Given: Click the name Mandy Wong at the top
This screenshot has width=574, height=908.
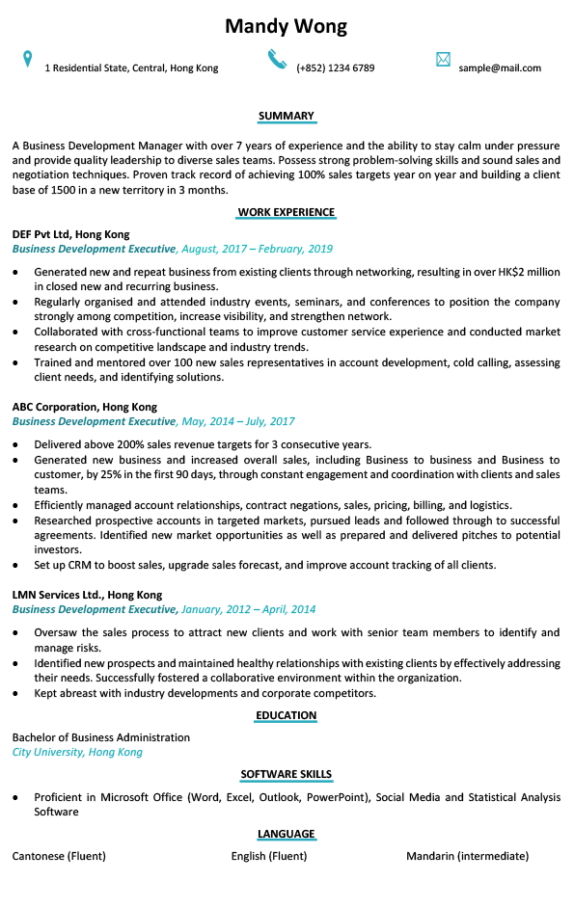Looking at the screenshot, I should click(x=286, y=26).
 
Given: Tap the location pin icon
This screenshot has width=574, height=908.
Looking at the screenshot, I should click(x=28, y=60).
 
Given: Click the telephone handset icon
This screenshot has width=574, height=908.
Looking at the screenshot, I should click(x=278, y=60).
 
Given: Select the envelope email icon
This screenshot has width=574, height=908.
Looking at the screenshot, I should click(x=443, y=60).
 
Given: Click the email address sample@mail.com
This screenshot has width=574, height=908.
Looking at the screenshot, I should click(x=500, y=68).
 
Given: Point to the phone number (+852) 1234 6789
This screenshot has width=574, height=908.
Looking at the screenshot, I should click(x=335, y=68).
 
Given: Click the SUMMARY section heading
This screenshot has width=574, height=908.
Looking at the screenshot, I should click(x=287, y=117).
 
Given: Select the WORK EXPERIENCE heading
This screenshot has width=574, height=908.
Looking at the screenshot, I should click(x=287, y=212).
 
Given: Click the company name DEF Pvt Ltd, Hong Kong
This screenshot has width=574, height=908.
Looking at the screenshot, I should click(x=70, y=234).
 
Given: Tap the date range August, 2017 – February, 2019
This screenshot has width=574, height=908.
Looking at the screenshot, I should click(x=257, y=249).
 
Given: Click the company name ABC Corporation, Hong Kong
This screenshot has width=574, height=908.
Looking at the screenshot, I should click(x=84, y=407).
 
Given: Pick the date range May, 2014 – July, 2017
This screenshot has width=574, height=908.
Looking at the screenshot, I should click(x=238, y=421).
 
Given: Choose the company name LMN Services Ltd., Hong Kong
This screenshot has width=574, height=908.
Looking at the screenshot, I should click(x=87, y=595).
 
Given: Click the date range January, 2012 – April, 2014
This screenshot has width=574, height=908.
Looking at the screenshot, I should click(x=249, y=609).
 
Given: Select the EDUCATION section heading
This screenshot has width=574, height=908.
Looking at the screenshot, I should click(x=287, y=715).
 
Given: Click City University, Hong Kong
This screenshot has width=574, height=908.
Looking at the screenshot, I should click(x=77, y=752).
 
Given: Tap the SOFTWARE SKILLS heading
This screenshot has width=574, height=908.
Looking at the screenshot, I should click(x=287, y=774).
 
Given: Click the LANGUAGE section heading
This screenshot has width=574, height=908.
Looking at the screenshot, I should click(x=287, y=834).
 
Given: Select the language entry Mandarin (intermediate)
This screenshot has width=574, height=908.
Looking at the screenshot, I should click(x=467, y=856).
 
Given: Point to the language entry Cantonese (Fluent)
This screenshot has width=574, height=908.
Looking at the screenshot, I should click(x=59, y=856).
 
